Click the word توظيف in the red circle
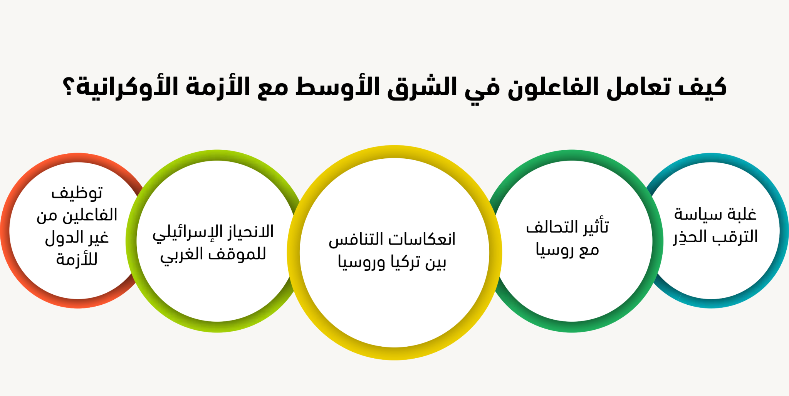click(x=77, y=193)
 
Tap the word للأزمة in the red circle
click(x=77, y=259)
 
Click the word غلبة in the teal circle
click(x=742, y=214)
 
